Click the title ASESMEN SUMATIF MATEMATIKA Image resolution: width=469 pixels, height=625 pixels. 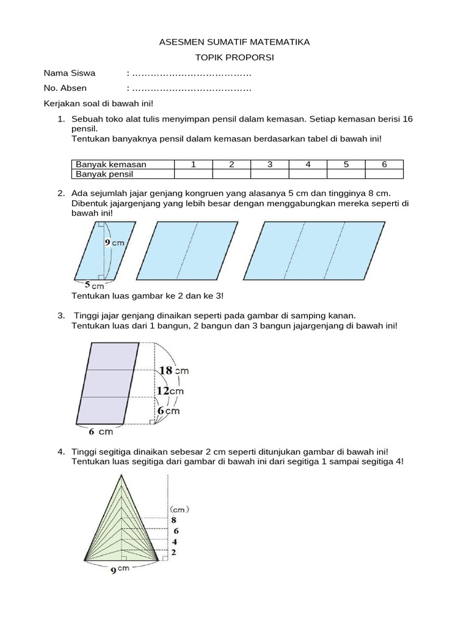(x=234, y=42)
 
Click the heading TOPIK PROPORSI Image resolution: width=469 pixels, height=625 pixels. (x=234, y=57)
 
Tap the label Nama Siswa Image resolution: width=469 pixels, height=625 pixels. (x=70, y=73)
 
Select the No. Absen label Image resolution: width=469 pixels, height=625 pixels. (x=65, y=89)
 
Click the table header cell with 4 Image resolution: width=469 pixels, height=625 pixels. (x=308, y=164)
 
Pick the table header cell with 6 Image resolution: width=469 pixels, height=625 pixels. (x=384, y=164)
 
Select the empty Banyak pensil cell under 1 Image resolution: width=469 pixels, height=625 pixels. (x=193, y=174)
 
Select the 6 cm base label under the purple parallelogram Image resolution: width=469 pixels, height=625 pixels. (x=101, y=432)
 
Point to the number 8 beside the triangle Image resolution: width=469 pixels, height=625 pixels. (x=174, y=519)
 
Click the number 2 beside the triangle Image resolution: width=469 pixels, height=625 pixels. (x=174, y=552)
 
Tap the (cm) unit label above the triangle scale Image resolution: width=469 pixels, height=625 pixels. (x=179, y=508)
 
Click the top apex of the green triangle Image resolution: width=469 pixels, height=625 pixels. (x=123, y=476)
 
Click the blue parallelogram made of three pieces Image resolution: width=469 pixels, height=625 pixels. (x=322, y=249)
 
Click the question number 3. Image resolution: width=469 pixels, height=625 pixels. (x=61, y=316)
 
